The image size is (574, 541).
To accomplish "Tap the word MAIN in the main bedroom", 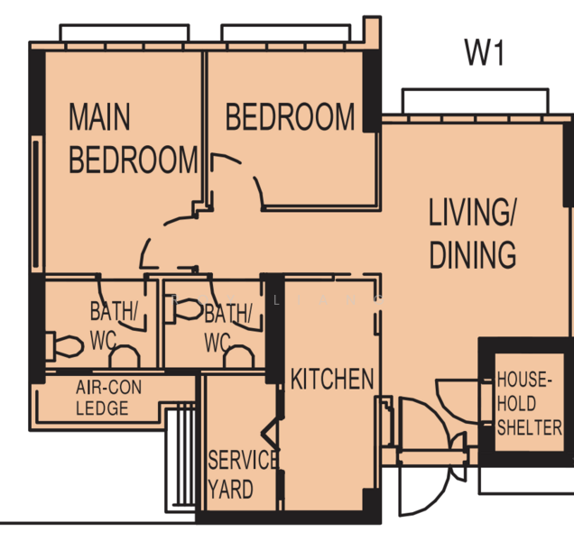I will [99, 117].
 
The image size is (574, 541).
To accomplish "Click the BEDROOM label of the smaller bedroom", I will [290, 117].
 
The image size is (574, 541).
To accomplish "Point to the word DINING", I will [472, 255].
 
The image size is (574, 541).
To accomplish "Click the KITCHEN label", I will [331, 379].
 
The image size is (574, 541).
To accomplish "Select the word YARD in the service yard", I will [230, 491].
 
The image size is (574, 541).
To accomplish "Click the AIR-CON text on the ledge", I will [108, 388].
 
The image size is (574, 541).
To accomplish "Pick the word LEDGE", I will [102, 408].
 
